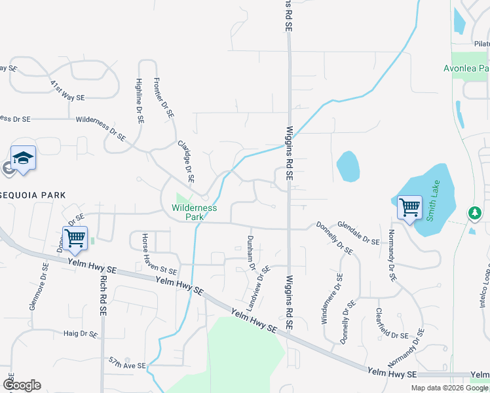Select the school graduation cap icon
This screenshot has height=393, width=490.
23,158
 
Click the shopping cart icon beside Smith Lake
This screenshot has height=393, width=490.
409,208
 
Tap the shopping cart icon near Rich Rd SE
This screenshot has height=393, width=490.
75,238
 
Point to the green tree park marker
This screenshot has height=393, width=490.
474,213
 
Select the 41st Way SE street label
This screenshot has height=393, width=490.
67,90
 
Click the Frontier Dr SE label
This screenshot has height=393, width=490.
164,97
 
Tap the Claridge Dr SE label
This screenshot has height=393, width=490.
186,160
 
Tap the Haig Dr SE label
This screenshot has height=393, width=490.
81,333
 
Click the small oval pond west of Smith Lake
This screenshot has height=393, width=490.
348,166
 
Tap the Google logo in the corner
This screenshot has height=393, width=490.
22,385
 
